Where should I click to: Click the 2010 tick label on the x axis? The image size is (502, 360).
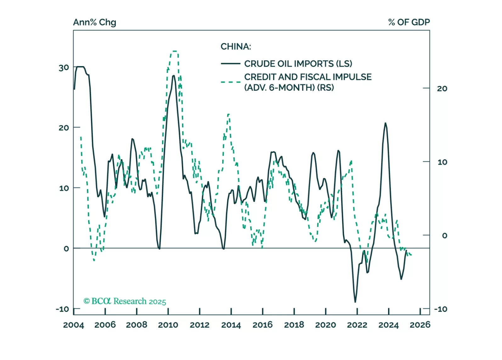point(168,325)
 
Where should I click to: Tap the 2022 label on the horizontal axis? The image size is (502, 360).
point(357,325)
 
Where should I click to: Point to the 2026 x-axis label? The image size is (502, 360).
point(420,325)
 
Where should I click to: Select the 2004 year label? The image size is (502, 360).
point(73,325)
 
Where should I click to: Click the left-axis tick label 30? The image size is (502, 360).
point(64,68)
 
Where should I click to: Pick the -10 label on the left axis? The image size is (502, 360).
point(62,309)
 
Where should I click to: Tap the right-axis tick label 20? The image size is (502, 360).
point(442,88)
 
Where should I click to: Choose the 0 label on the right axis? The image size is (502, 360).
point(444,235)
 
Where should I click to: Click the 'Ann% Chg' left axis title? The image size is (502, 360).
point(94,22)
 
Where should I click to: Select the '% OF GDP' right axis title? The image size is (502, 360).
point(409,22)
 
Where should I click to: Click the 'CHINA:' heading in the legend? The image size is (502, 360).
point(236,47)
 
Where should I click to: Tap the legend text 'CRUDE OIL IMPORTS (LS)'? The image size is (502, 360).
point(298,64)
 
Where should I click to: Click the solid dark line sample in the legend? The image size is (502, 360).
point(230,64)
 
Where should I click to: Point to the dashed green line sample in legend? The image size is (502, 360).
point(230,82)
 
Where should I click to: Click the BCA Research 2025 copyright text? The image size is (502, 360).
point(125,301)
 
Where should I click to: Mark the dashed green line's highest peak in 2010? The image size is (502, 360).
point(174,51)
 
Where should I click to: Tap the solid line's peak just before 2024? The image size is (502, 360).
point(385,123)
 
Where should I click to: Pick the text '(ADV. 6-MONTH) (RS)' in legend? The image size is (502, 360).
point(289,87)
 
